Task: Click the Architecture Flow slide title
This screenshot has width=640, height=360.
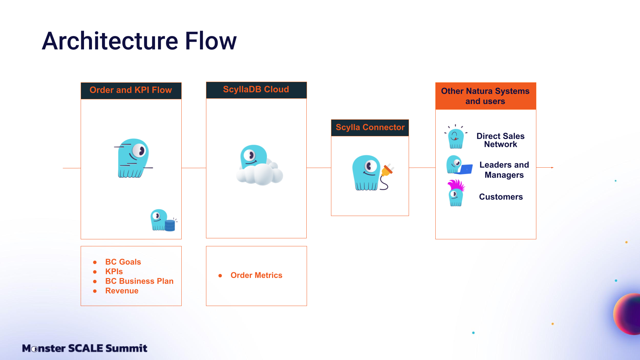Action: coord(139,41)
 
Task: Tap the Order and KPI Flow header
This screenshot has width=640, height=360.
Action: coord(131,90)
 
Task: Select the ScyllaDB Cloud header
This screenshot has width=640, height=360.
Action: coord(256,90)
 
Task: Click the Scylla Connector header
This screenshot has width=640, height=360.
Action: coord(370,127)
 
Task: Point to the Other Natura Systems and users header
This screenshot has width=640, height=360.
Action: coord(485,96)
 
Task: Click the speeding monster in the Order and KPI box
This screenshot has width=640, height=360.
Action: coord(133,158)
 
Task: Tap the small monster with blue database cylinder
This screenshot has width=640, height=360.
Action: coord(163,220)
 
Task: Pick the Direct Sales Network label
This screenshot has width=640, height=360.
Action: coord(500,140)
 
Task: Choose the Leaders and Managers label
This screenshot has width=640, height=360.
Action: coord(504,170)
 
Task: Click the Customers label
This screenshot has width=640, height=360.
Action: coord(501,197)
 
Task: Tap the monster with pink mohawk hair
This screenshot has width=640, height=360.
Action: coord(456,193)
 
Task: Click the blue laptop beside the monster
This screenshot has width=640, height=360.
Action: coord(465,169)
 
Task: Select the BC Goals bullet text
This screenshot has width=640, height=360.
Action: coord(123,262)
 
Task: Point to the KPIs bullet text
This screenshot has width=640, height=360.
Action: coord(114,272)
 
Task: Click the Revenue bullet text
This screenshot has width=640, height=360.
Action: coord(122,291)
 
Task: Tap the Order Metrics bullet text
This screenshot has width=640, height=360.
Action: coord(256,275)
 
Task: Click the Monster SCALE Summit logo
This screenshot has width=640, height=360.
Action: coord(85,348)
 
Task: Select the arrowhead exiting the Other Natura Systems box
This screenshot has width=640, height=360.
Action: coord(552,168)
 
